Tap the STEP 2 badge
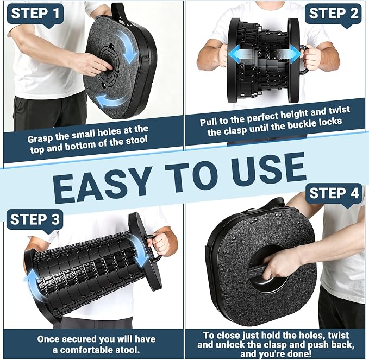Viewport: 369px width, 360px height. pos(333,14)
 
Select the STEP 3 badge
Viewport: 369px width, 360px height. pos(35,220)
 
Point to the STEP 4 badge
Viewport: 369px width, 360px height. pos(334,194)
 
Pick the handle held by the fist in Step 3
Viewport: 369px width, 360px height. pos(153,248)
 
